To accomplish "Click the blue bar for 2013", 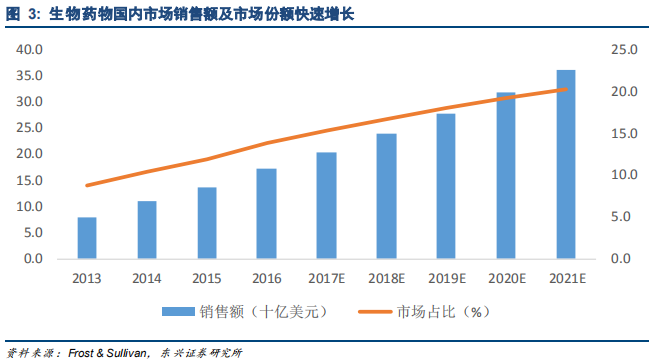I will (87, 238).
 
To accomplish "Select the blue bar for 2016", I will (267, 213).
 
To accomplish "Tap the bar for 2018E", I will (386, 196).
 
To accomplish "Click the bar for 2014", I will (147, 230).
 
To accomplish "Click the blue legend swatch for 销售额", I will (177, 312).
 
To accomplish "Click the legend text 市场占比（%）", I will (441, 312).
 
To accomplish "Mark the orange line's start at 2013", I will (87, 185).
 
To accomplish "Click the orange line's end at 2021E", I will (566, 90).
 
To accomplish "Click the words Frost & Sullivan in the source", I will (109, 352).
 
